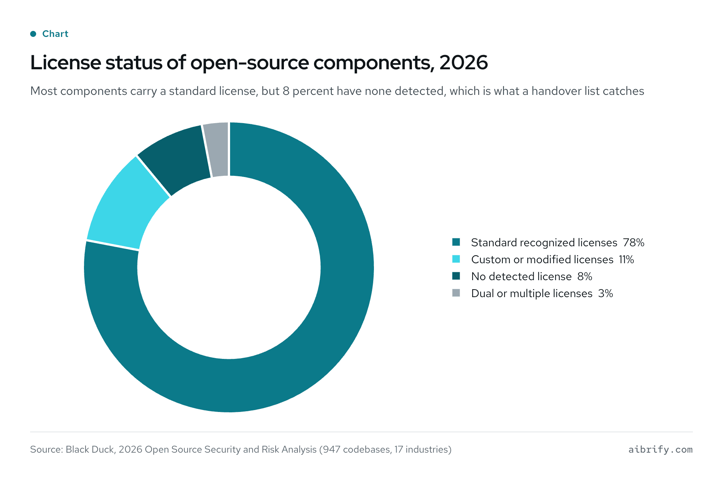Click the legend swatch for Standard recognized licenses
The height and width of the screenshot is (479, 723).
456,242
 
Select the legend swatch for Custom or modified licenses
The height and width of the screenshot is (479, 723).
456,259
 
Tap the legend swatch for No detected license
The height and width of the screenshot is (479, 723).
456,276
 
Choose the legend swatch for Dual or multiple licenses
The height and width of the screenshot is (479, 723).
456,293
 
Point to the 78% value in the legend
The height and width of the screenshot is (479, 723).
634,243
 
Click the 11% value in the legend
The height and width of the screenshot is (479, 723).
627,259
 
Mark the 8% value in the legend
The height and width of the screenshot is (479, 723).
585,276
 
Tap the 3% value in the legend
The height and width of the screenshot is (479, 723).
606,293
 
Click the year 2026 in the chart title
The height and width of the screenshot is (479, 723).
464,63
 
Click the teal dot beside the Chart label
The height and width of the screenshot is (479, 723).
33,34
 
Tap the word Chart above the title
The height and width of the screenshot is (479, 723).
55,34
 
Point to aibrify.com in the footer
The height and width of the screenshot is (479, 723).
660,449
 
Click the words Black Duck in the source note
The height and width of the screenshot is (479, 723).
90,449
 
